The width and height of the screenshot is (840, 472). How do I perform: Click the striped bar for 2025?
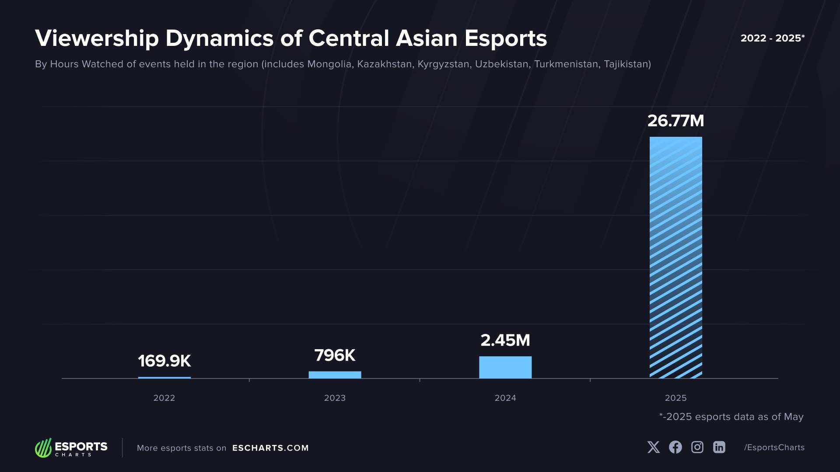click(675, 258)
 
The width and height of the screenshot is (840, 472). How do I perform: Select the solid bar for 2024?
click(505, 368)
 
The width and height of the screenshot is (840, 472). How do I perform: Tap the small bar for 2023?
click(335, 375)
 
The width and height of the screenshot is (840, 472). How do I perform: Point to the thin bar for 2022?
click(164, 378)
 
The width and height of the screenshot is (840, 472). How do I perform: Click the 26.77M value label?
click(675, 121)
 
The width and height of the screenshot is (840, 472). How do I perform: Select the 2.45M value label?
click(505, 340)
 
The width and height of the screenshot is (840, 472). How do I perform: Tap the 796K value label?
click(335, 355)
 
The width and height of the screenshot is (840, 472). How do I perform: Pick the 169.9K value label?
click(164, 361)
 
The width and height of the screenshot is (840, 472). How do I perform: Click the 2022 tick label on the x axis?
click(164, 398)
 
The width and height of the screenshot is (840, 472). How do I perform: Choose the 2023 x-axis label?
click(335, 398)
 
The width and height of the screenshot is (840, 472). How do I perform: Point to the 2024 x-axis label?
click(505, 398)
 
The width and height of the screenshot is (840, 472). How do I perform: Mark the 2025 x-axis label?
click(675, 398)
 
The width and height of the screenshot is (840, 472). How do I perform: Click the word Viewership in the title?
click(97, 38)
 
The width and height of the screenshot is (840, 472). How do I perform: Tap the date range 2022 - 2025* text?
click(772, 38)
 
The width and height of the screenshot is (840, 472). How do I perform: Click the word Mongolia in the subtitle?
click(329, 64)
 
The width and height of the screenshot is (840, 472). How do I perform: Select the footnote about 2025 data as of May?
click(731, 417)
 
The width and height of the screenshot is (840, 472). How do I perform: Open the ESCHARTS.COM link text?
click(270, 448)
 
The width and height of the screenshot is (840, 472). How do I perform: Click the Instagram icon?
click(697, 447)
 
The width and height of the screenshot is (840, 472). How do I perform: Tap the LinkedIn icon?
click(719, 447)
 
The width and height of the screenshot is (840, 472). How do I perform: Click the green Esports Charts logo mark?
click(43, 448)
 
